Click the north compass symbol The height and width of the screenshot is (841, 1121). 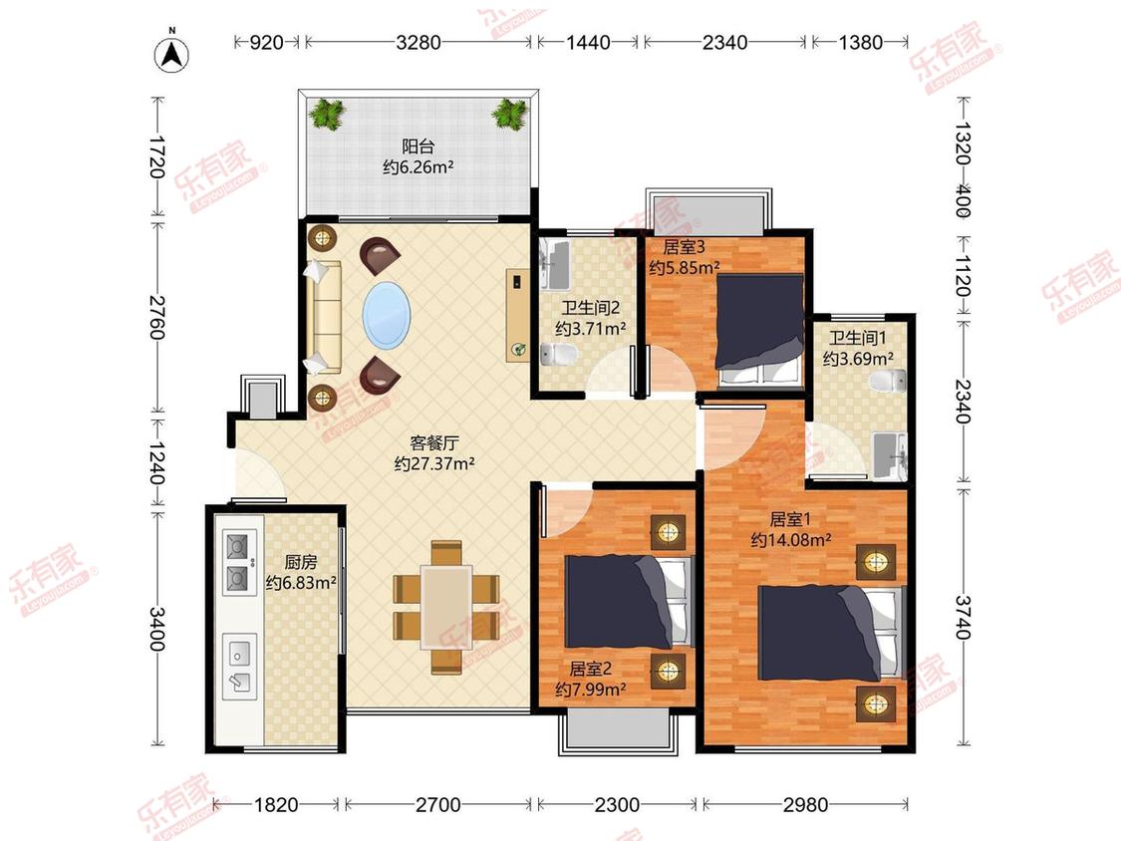tap(171, 52)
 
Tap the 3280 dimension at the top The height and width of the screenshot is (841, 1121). tap(419, 42)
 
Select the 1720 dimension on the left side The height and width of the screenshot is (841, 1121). tap(158, 157)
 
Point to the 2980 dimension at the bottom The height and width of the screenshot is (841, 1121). tap(805, 805)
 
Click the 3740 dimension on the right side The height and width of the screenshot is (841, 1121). tap(963, 617)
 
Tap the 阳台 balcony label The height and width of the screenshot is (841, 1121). tap(419, 146)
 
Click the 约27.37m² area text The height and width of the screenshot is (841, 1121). tap(434, 464)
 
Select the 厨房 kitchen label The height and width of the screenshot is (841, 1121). tap(300, 562)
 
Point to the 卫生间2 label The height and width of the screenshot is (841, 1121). tap(590, 308)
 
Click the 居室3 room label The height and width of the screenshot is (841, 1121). tap(684, 247)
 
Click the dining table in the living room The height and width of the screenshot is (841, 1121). tap(446, 607)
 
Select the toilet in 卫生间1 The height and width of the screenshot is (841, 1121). tap(889, 381)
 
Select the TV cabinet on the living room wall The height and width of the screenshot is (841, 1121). tap(517, 315)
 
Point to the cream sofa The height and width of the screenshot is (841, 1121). tap(324, 317)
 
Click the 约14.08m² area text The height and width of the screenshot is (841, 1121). tap(791, 540)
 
